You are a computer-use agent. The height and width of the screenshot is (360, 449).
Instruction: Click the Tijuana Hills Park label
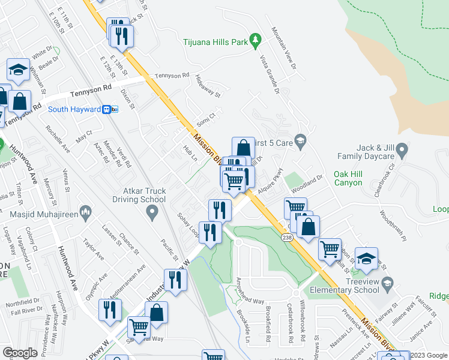pyautogui.click(x=215, y=43)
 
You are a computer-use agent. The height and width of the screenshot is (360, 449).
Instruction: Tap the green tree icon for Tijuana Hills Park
pyautogui.click(x=256, y=40)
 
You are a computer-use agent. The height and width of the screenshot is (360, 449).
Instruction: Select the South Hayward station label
pyautogui.click(x=74, y=109)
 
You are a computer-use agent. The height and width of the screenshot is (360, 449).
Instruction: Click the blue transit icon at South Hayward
pyautogui.click(x=110, y=109)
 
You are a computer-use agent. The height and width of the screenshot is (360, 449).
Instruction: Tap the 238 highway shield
pyautogui.click(x=287, y=238)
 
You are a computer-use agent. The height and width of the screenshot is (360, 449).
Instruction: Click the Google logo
pyautogui.click(x=20, y=353)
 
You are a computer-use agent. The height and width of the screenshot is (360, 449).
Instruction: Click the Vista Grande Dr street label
pyautogui.click(x=270, y=74)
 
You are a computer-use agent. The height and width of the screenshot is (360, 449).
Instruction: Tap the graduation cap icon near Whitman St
pyautogui.click(x=19, y=70)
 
